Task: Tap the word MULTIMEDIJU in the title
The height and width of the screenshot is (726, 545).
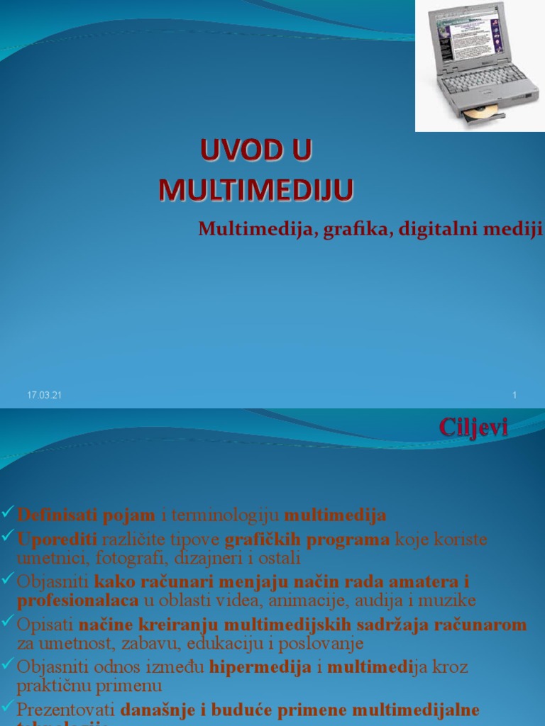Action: click(255, 190)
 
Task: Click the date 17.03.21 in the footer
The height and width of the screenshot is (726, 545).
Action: click(44, 395)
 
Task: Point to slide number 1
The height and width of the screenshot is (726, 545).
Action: click(514, 395)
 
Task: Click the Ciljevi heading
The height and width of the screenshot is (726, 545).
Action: click(473, 427)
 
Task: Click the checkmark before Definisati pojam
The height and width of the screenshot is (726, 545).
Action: click(8, 512)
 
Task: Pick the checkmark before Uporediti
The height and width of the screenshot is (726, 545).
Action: click(8, 532)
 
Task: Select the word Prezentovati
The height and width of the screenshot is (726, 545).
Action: click(66, 710)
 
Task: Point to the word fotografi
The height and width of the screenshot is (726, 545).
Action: click(121, 558)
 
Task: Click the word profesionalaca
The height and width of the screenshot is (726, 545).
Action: click(77, 601)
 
